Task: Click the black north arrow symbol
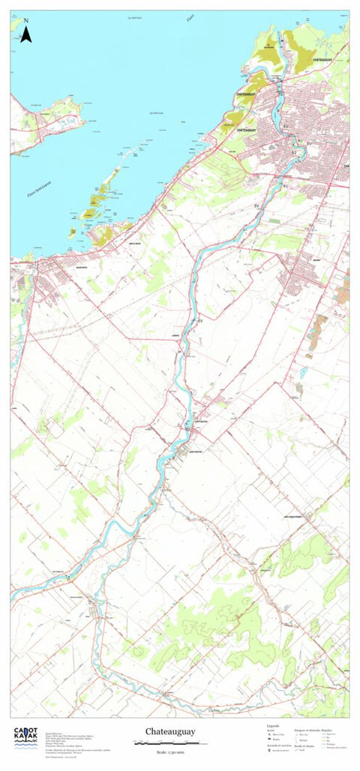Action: [x=25, y=34]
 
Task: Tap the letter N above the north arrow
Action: [x=25, y=21]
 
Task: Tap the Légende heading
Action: [x=273, y=726]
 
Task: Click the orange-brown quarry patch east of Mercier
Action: [x=320, y=325]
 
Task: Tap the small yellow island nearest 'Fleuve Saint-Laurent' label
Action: [x=72, y=233]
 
